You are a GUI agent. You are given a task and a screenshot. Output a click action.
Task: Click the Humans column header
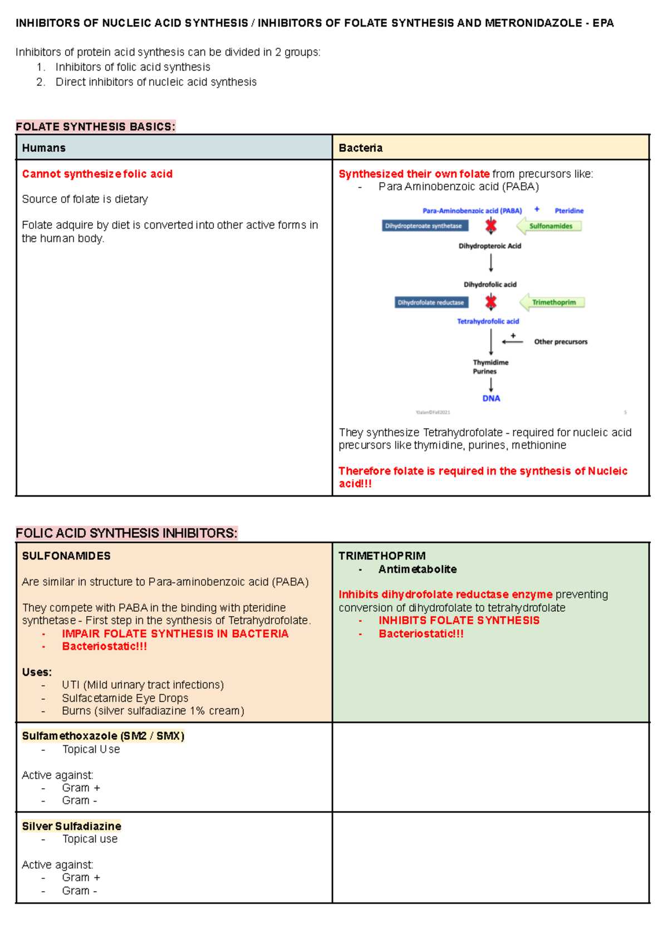click(x=43, y=148)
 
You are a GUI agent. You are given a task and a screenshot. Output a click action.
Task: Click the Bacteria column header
click(x=360, y=148)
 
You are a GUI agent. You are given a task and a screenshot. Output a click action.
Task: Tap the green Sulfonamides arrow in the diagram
click(x=549, y=226)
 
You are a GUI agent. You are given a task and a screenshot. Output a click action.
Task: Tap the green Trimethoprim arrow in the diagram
click(x=552, y=302)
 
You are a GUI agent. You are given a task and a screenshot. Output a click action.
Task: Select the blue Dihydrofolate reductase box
click(x=431, y=302)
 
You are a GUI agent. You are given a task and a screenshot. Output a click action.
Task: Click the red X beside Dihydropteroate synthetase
click(x=490, y=226)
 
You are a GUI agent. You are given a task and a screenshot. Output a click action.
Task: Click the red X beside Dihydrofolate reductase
click(x=490, y=302)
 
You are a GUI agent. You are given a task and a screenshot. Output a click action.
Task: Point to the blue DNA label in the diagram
click(x=491, y=399)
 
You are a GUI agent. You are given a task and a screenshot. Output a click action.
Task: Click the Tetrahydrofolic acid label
click(x=488, y=321)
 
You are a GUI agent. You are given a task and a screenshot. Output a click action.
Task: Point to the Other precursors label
click(x=561, y=342)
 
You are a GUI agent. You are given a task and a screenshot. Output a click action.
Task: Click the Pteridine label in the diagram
click(x=569, y=211)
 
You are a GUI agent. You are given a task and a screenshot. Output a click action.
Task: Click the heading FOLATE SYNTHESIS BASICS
click(x=95, y=127)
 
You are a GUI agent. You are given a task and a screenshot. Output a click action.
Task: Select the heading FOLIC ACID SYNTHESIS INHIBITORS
click(x=126, y=533)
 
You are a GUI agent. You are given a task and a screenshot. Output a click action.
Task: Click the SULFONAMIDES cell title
click(x=66, y=556)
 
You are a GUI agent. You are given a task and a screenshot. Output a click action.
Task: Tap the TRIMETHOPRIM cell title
click(x=382, y=556)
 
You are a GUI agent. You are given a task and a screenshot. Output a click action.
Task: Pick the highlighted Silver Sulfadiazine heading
click(x=71, y=826)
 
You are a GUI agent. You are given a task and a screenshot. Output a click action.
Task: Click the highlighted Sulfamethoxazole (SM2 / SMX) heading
click(x=103, y=736)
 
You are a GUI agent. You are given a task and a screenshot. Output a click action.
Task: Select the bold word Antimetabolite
click(x=417, y=569)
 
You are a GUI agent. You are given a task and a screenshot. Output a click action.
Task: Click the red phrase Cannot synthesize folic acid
click(x=97, y=174)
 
